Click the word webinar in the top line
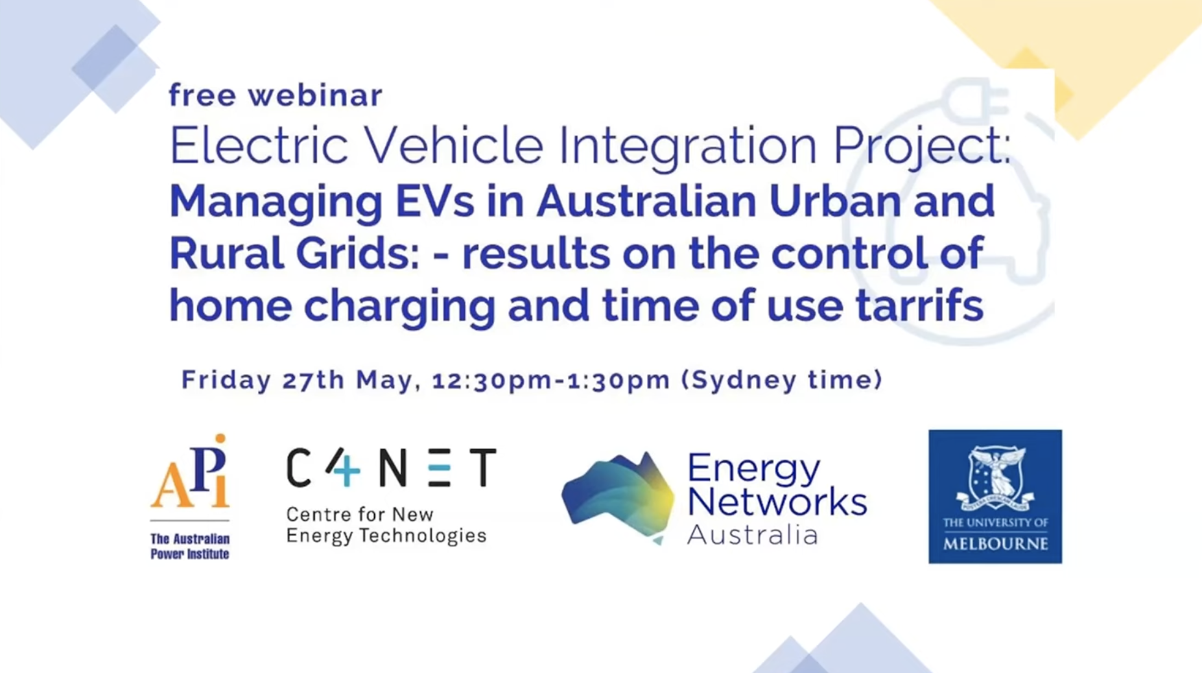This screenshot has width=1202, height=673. click(x=315, y=95)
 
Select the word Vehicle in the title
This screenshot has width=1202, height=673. click(x=453, y=145)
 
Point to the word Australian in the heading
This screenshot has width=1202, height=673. click(x=646, y=201)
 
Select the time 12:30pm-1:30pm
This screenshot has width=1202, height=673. click(x=551, y=381)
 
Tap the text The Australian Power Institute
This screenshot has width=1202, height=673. click(x=190, y=546)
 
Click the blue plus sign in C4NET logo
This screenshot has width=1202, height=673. click(x=348, y=470)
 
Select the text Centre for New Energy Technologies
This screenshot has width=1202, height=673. click(x=386, y=525)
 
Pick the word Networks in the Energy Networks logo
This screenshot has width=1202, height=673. click(x=777, y=501)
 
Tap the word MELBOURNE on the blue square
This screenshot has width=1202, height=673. click(x=995, y=543)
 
